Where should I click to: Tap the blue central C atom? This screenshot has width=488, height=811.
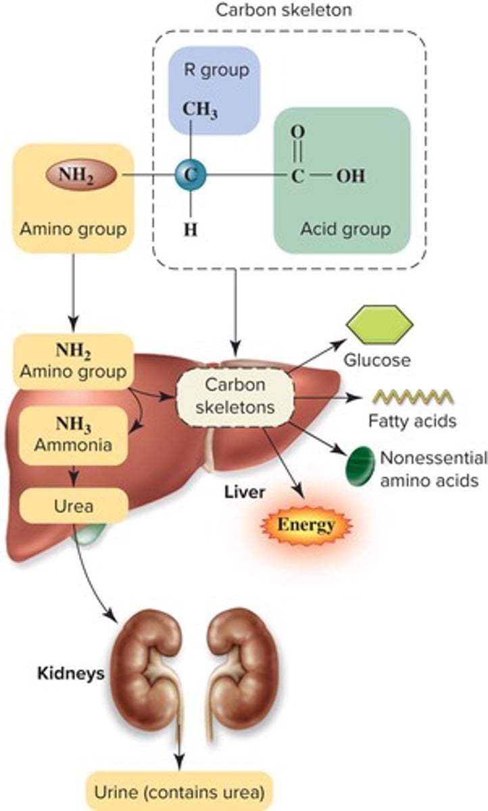(191, 175)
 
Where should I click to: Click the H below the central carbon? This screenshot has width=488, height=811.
(191, 229)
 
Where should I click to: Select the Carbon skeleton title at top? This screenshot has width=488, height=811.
(284, 11)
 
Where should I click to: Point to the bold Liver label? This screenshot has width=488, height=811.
(244, 491)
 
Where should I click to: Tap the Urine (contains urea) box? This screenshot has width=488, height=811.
(178, 790)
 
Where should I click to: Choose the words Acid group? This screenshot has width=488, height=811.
(345, 228)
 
